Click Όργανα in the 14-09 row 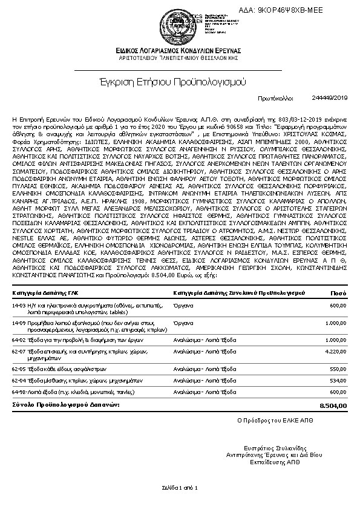click(x=183, y=323)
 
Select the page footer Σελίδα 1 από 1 click(x=180, y=487)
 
